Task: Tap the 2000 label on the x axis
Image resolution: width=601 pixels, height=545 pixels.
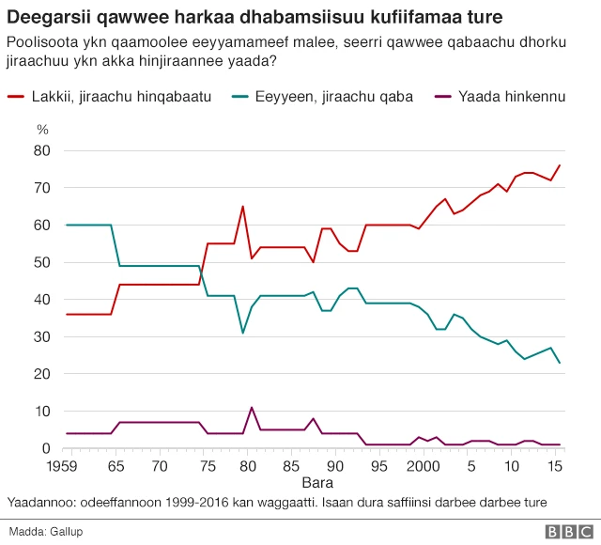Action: coord(425,466)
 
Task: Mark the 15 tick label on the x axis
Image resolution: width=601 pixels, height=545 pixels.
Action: coord(556,466)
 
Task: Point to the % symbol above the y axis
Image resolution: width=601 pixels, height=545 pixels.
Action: coord(41,129)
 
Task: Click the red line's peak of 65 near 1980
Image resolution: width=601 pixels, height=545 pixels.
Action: coord(242,206)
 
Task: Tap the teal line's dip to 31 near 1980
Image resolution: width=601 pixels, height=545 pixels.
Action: coord(242,333)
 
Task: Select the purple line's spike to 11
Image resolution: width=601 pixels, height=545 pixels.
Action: coord(252,408)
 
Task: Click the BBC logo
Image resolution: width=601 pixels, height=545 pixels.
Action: coord(563,531)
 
